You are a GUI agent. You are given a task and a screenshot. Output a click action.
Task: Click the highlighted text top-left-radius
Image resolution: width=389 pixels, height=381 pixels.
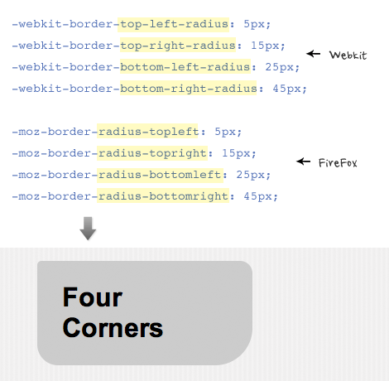tap(173, 24)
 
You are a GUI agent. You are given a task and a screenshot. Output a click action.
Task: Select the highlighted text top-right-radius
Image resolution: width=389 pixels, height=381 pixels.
tap(178, 46)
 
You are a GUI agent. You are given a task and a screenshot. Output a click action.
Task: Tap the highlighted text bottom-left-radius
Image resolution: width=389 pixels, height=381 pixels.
tap(185, 67)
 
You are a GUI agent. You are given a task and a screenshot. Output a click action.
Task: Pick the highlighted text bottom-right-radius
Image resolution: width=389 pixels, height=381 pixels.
tap(188, 89)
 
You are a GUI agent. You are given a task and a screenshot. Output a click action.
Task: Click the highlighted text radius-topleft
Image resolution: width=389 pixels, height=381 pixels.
tap(147, 132)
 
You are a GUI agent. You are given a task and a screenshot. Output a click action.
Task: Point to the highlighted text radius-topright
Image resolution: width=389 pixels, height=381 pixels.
tap(152, 153)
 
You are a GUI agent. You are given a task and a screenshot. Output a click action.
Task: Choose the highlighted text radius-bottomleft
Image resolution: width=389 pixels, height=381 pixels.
tap(160, 175)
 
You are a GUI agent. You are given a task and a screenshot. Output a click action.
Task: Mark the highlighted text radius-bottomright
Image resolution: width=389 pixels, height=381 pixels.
tap(163, 196)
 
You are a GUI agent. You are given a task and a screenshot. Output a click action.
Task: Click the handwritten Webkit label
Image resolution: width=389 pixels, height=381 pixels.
tap(348, 55)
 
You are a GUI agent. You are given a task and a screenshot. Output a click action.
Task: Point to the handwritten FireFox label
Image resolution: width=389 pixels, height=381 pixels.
tap(338, 162)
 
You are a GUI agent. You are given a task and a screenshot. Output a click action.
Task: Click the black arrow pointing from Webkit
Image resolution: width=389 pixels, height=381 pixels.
tap(313, 53)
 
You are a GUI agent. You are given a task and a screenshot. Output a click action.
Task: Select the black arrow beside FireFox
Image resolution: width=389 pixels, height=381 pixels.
tap(303, 162)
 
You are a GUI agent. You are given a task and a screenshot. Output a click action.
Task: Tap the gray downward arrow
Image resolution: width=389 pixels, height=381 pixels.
tap(88, 229)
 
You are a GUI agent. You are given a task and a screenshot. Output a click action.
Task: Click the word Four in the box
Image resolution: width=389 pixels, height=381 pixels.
tap(93, 297)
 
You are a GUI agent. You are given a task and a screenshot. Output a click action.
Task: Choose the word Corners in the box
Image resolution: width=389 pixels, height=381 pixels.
tap(113, 328)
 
